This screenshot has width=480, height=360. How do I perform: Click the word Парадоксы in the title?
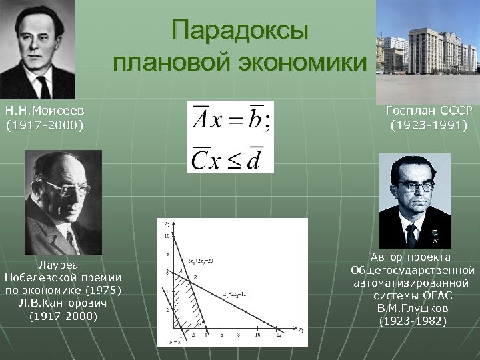(x=239, y=32)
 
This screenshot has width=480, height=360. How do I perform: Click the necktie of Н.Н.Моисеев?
(x=43, y=87)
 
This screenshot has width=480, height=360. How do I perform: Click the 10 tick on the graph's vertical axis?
(x=167, y=235)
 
